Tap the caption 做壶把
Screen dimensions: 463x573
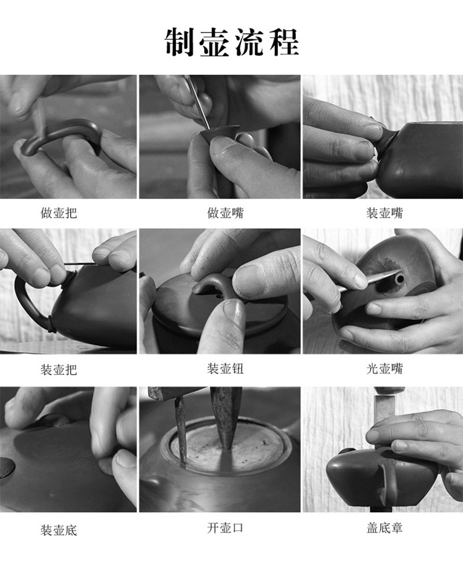(x=59, y=212)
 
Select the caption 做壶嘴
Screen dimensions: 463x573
(x=226, y=212)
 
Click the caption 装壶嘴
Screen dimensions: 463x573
(x=384, y=212)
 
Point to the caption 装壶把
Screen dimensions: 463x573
(x=59, y=369)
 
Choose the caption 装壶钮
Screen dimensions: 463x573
(x=226, y=368)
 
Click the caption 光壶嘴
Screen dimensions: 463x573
(x=384, y=368)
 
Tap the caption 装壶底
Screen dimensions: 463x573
(x=59, y=530)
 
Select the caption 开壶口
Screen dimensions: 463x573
(x=226, y=528)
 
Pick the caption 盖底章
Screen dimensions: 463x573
(x=384, y=528)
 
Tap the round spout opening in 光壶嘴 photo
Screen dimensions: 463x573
(x=400, y=279)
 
